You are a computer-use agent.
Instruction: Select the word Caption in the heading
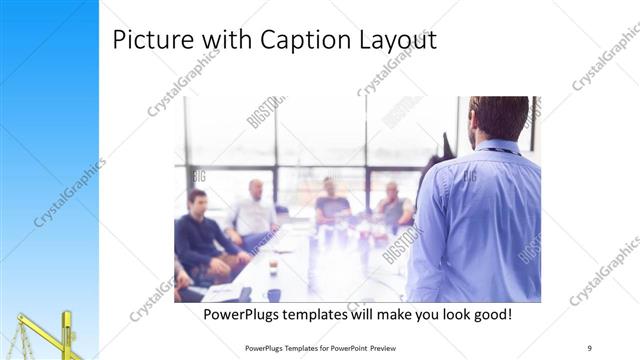click(x=302, y=41)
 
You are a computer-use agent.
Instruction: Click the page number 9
click(x=590, y=347)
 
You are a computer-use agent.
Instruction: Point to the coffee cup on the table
click(x=273, y=294)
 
